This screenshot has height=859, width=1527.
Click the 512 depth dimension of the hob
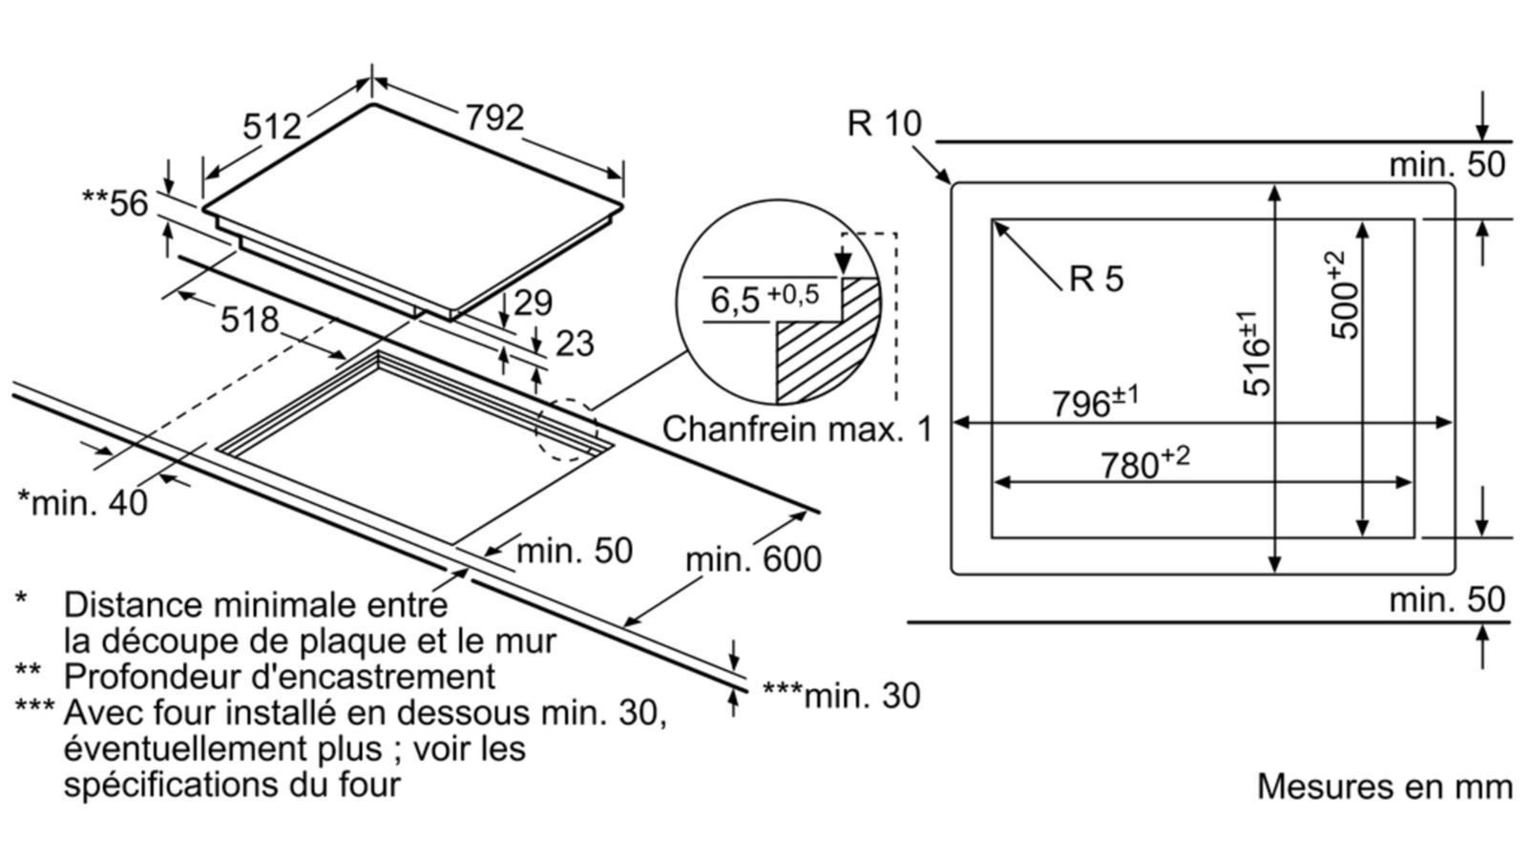pyautogui.click(x=272, y=126)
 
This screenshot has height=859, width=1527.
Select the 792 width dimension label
pyautogui.click(x=494, y=117)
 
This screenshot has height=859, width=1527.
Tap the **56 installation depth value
pyautogui.click(x=115, y=203)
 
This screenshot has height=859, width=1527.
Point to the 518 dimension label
pyautogui.click(x=249, y=320)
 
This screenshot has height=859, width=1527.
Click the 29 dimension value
pyautogui.click(x=533, y=303)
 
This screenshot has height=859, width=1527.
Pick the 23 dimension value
pyautogui.click(x=574, y=344)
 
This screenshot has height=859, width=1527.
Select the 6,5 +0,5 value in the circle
pyautogui.click(x=764, y=298)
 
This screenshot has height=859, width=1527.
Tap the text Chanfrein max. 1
pyautogui.click(x=797, y=429)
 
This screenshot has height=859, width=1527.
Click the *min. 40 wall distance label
pyautogui.click(x=83, y=502)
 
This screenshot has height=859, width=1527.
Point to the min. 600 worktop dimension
pyautogui.click(x=753, y=558)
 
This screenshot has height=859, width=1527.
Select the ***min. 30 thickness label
pyautogui.click(x=841, y=696)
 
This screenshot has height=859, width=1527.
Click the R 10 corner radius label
pyautogui.click(x=885, y=124)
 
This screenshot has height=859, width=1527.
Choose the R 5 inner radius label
pyautogui.click(x=1097, y=279)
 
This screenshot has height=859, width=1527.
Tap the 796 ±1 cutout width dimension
pyautogui.click(x=1095, y=402)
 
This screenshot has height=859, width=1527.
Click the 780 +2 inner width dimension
pyautogui.click(x=1144, y=463)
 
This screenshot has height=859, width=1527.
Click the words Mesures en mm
pyautogui.click(x=1384, y=786)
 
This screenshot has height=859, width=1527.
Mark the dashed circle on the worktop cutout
pyautogui.click(x=567, y=429)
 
